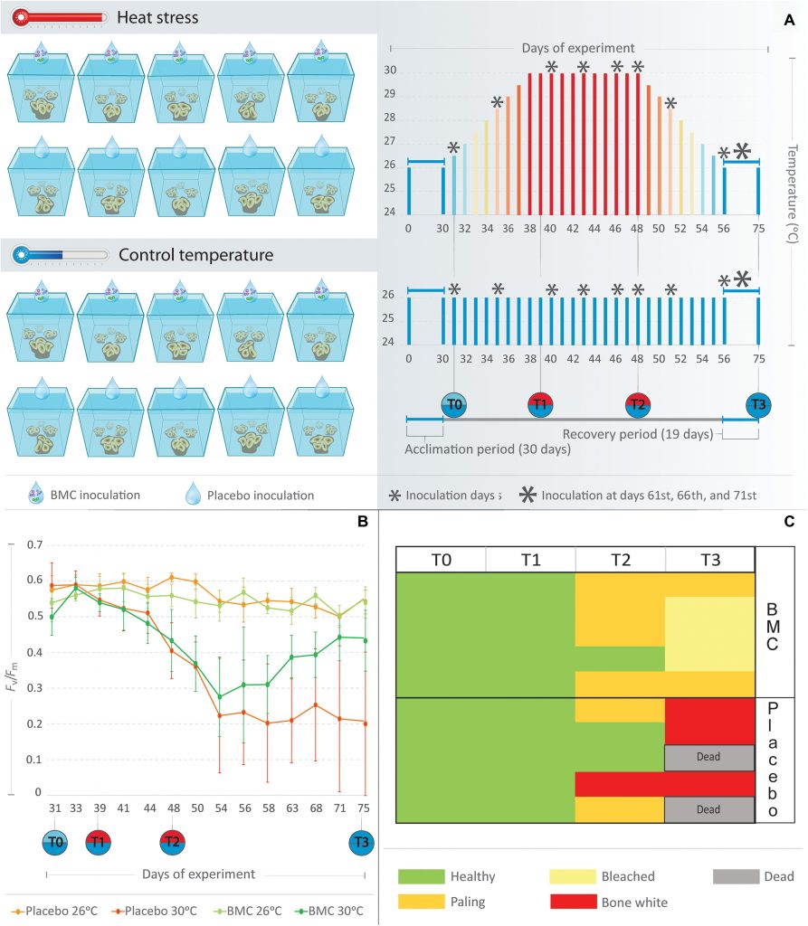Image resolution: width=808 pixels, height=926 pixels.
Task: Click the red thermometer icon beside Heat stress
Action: point(62,17)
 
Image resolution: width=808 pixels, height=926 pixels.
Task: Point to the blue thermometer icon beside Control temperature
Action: point(62,256)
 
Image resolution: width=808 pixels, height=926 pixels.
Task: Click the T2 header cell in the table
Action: point(620,559)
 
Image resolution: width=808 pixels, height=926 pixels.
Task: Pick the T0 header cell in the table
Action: point(441,559)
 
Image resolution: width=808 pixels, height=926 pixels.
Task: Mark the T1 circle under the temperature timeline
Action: point(540,404)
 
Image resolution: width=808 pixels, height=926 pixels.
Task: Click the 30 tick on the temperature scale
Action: point(390,71)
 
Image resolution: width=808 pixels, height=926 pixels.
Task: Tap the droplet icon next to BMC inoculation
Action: point(38,494)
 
